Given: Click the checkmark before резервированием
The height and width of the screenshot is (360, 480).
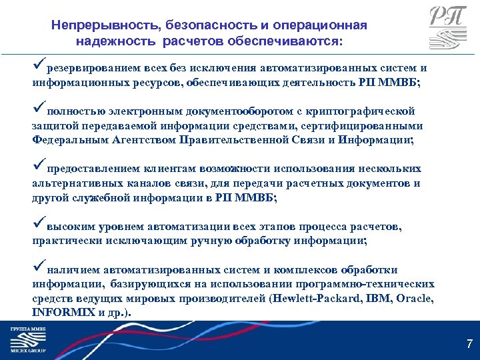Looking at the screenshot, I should point(38,65).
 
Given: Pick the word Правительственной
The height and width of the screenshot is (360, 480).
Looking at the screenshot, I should point(227,139).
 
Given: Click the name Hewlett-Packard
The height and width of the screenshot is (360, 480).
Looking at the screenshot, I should point(317,299).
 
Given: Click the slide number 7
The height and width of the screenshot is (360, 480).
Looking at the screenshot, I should point(469,345).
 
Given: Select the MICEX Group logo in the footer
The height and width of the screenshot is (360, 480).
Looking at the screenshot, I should point(27,340).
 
